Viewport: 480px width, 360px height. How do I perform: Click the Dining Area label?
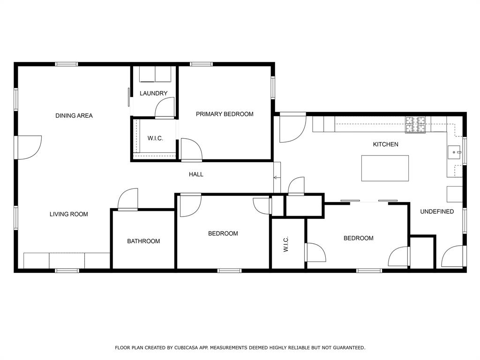click(74, 115)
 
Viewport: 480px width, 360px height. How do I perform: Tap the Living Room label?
click(69, 214)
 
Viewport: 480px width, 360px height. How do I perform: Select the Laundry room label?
click(153, 93)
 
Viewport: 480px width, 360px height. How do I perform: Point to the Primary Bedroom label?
click(225, 114)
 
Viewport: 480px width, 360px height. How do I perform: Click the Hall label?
click(196, 174)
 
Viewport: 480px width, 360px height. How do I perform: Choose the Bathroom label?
click(143, 241)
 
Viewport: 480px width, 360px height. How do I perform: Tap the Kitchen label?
click(385, 144)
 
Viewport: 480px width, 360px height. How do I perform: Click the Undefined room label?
click(437, 211)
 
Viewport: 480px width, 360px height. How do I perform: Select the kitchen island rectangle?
click(385, 168)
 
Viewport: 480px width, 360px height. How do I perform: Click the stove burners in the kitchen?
click(415, 125)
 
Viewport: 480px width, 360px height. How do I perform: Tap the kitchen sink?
click(454, 152)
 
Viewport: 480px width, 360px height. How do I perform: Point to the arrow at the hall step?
click(277, 178)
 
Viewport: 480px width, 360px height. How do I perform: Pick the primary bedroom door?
click(191, 150)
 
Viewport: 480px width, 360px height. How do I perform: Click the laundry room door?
click(165, 108)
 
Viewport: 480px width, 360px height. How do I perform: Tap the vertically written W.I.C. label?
click(286, 244)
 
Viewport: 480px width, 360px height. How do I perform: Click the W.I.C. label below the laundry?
click(155, 138)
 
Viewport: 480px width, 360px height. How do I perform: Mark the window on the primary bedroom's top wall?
click(201, 64)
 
